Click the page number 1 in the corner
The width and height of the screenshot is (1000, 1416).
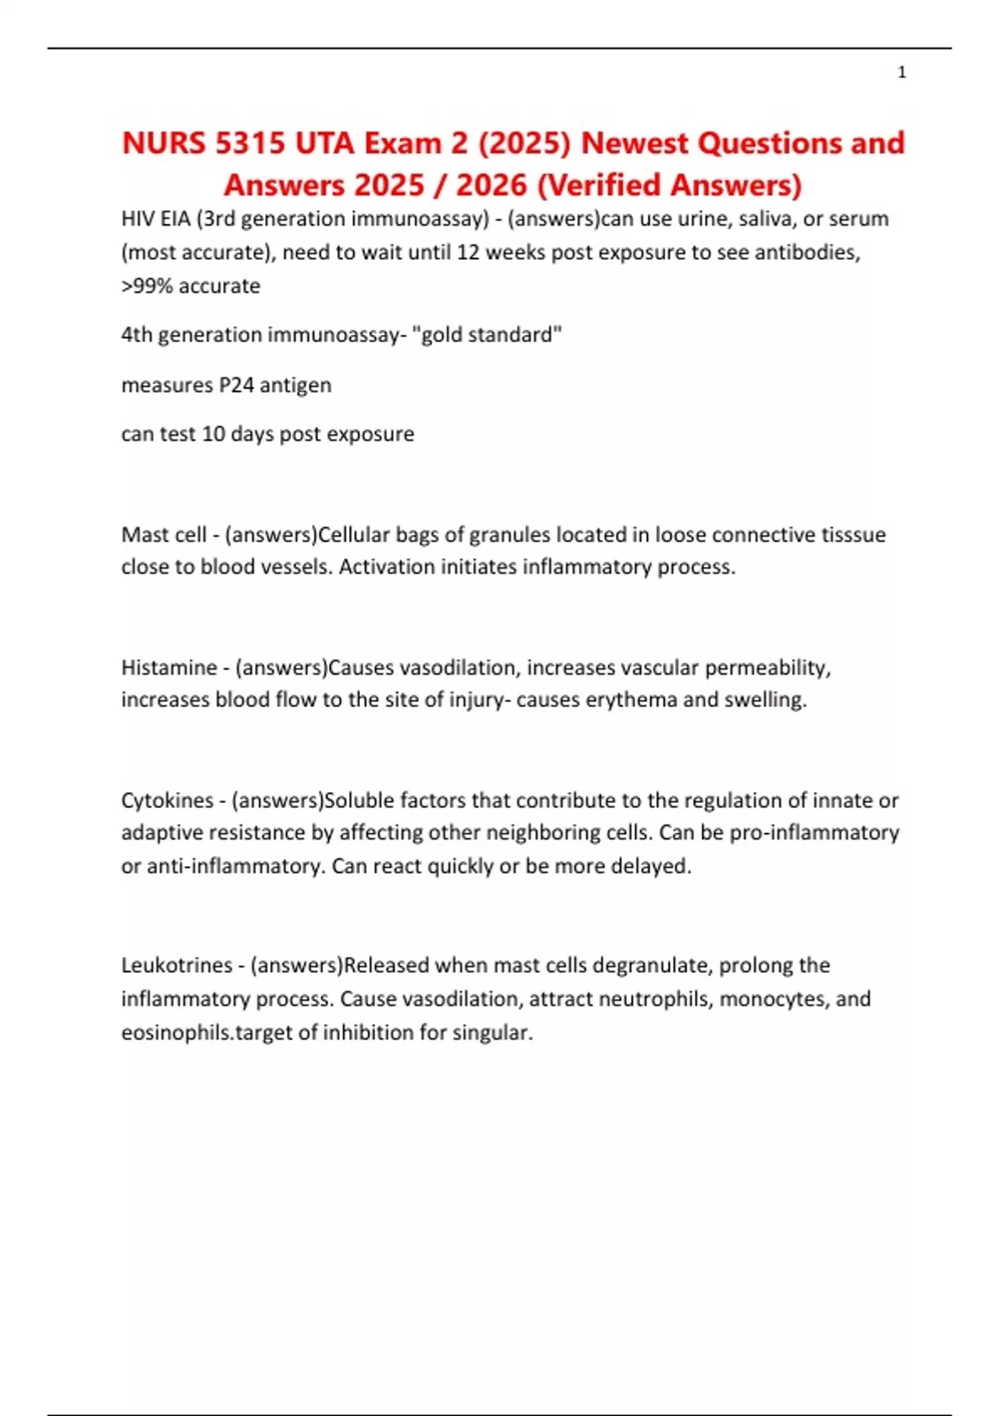(902, 72)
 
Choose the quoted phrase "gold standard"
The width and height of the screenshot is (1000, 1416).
(487, 335)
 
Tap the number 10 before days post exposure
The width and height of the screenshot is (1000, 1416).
(213, 434)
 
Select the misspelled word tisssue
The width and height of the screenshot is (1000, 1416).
(850, 534)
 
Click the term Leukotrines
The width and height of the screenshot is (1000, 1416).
(177, 965)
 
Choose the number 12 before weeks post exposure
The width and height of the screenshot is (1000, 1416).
(467, 252)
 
